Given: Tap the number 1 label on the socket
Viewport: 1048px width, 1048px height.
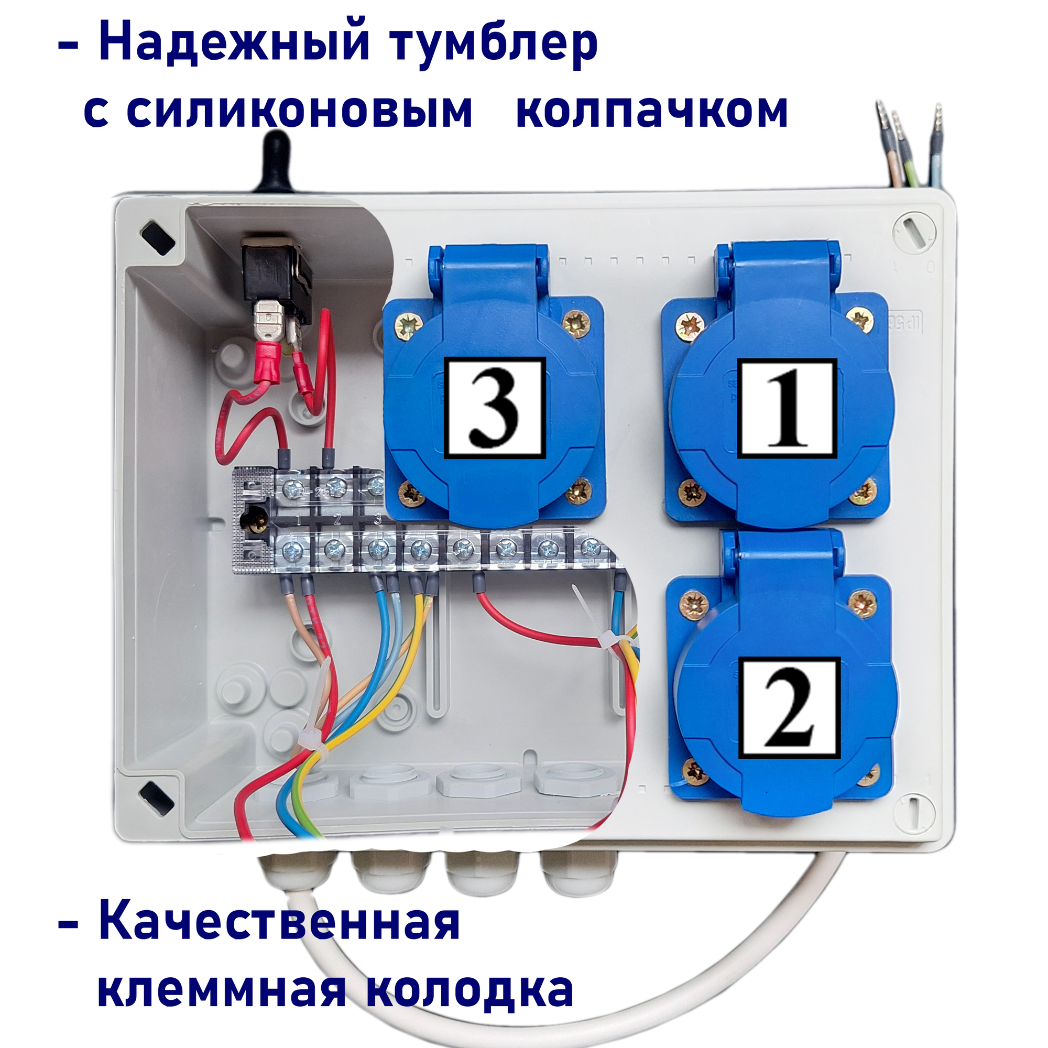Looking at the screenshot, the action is [787, 408].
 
